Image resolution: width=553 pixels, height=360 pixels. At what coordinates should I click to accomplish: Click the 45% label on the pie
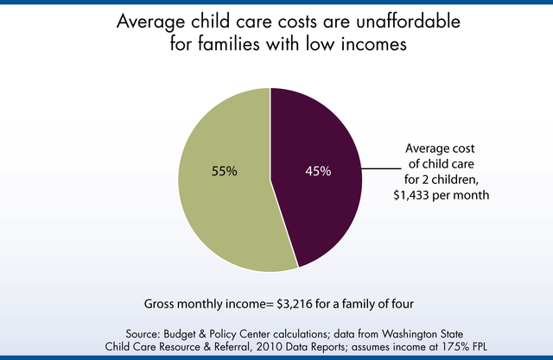coord(317,171)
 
